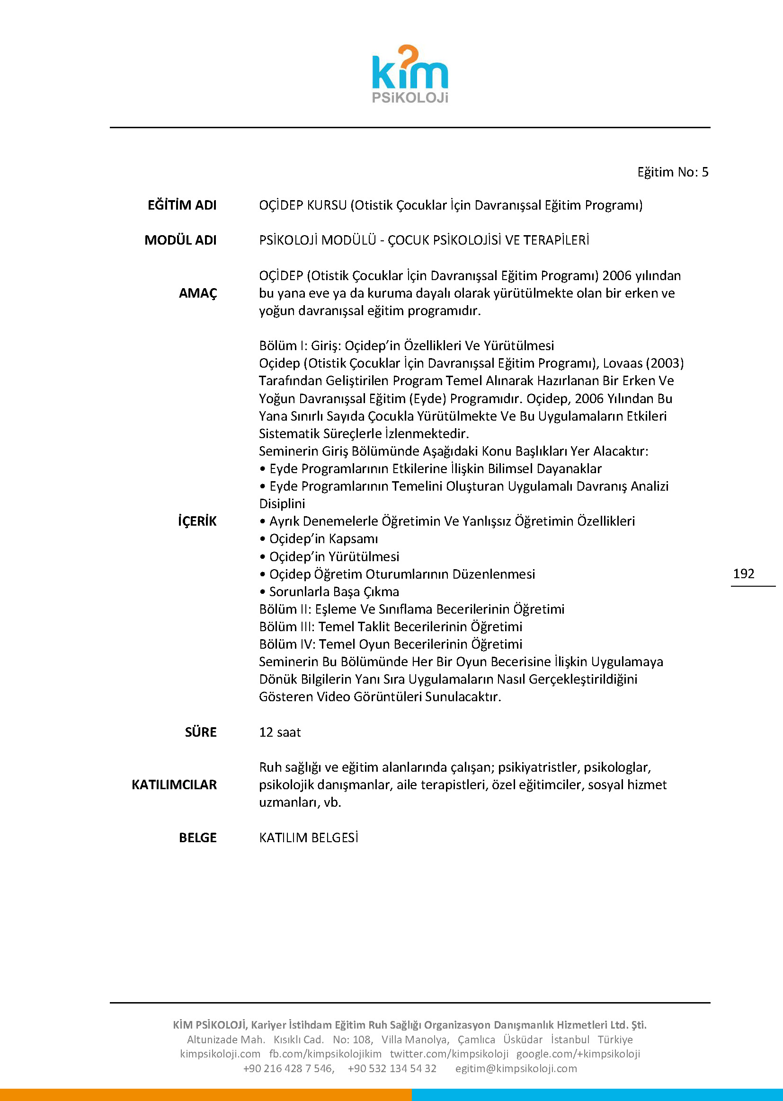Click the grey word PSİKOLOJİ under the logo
[410, 98]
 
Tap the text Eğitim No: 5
[673, 172]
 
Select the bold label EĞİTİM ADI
[182, 205]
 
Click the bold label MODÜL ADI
[180, 240]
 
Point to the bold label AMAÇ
[198, 293]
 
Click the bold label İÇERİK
[197, 521]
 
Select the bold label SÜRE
[201, 732]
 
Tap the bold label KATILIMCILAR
[174, 784]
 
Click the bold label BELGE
[198, 837]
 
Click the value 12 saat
[280, 732]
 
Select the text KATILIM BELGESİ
[309, 837]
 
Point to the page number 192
[743, 573]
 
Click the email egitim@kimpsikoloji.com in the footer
[516, 1068]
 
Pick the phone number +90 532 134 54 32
[392, 1068]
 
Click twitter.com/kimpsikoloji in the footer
[449, 1054]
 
